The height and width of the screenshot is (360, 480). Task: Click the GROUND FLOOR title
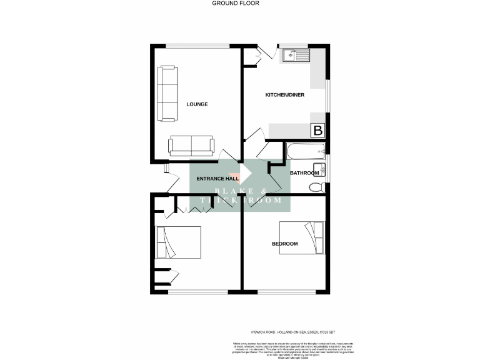(x=235, y=3)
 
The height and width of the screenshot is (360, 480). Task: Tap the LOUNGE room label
(x=197, y=104)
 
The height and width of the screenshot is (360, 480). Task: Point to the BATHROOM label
(x=304, y=173)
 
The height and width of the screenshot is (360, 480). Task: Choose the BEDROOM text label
(x=284, y=244)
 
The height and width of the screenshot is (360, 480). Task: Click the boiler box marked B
(x=318, y=131)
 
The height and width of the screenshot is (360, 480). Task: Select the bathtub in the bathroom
(x=304, y=149)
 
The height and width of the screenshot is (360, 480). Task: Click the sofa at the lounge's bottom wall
(x=191, y=146)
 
